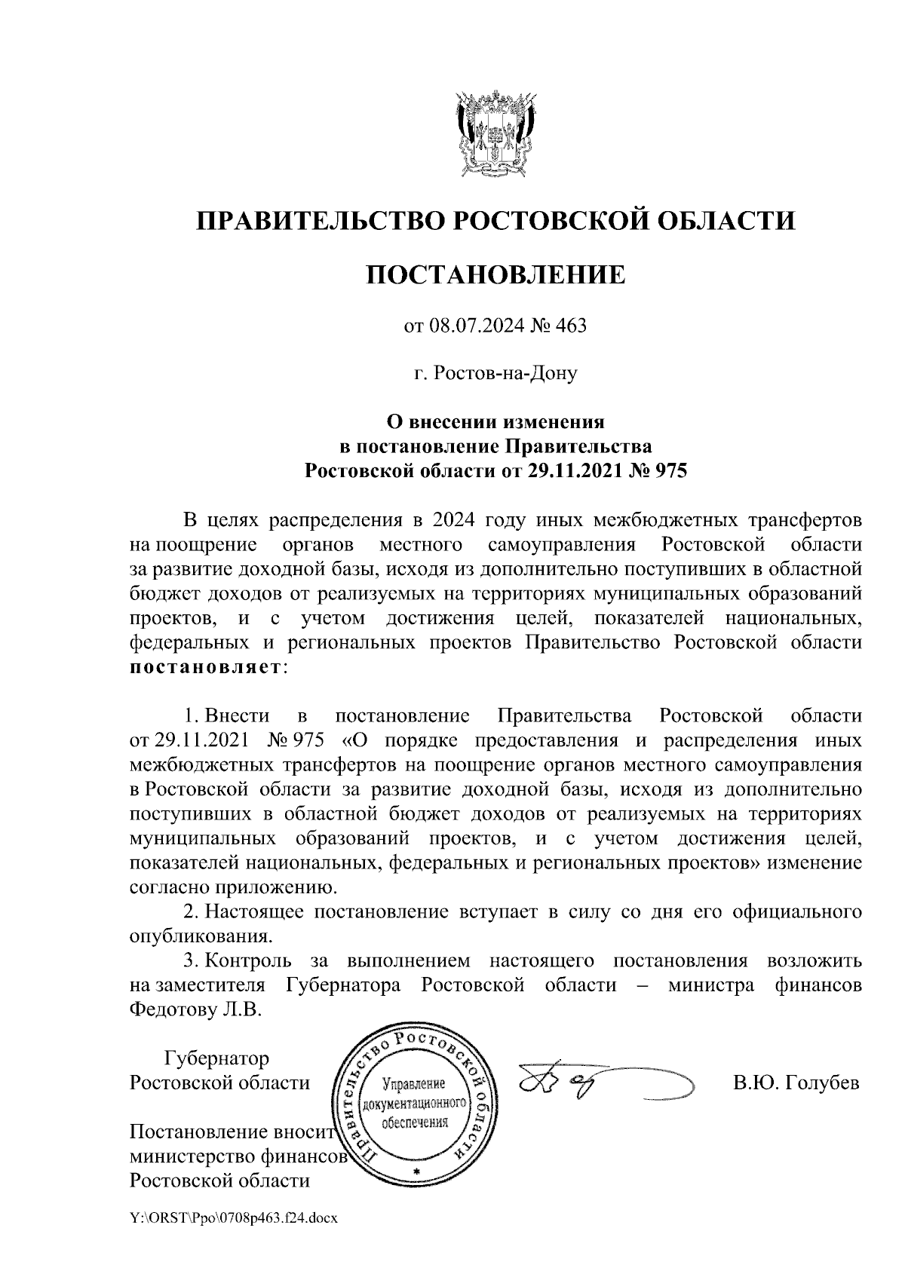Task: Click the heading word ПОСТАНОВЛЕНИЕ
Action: (x=495, y=274)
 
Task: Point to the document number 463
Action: (x=571, y=326)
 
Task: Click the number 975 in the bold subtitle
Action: (x=670, y=471)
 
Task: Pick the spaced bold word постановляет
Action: (x=205, y=668)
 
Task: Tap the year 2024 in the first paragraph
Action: (x=459, y=520)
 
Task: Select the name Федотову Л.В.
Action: (x=195, y=1009)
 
